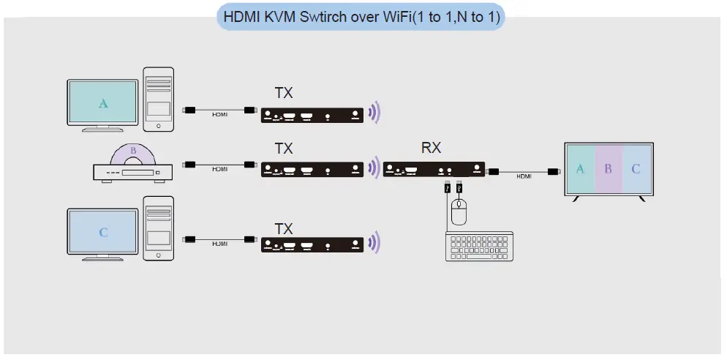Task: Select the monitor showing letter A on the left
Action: coord(103,103)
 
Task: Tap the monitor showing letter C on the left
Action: coord(103,232)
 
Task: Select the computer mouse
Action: coord(459,213)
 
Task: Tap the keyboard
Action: coord(479,246)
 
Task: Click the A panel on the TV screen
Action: coord(581,169)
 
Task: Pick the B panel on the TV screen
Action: coord(608,169)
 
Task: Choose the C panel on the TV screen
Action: coord(636,169)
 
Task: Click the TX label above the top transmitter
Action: coord(284,93)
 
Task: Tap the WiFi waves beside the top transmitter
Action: coord(374,113)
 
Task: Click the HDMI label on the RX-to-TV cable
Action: coord(524,176)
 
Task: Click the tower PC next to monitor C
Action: coord(159,228)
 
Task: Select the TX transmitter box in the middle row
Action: coord(312,170)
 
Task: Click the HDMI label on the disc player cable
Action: coord(220,169)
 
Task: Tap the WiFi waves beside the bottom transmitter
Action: coord(374,243)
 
